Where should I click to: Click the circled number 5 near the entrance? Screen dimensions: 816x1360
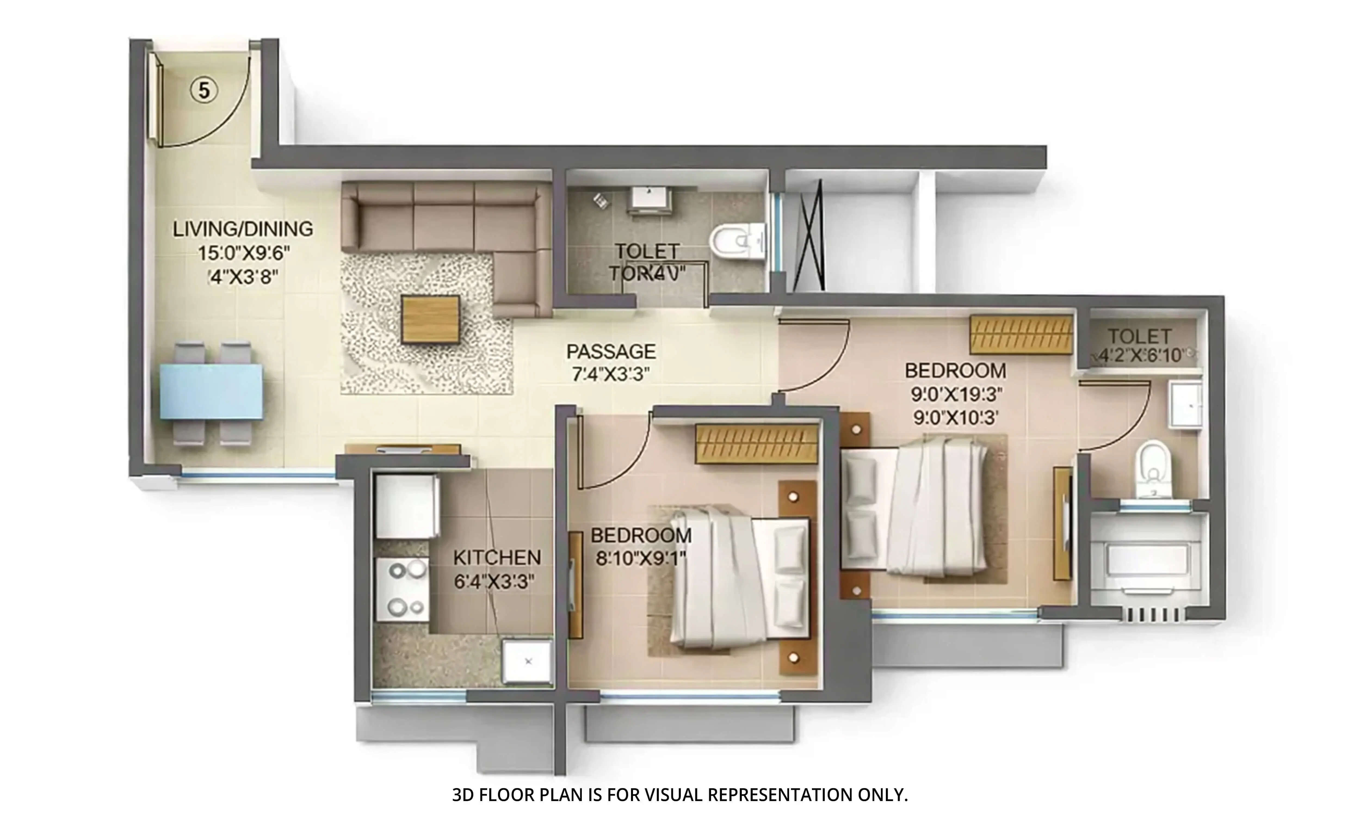pos(204,90)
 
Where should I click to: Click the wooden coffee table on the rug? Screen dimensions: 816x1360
pos(430,319)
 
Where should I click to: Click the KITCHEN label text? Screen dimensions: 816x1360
pos(497,558)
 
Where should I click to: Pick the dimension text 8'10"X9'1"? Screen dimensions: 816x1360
pos(641,559)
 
